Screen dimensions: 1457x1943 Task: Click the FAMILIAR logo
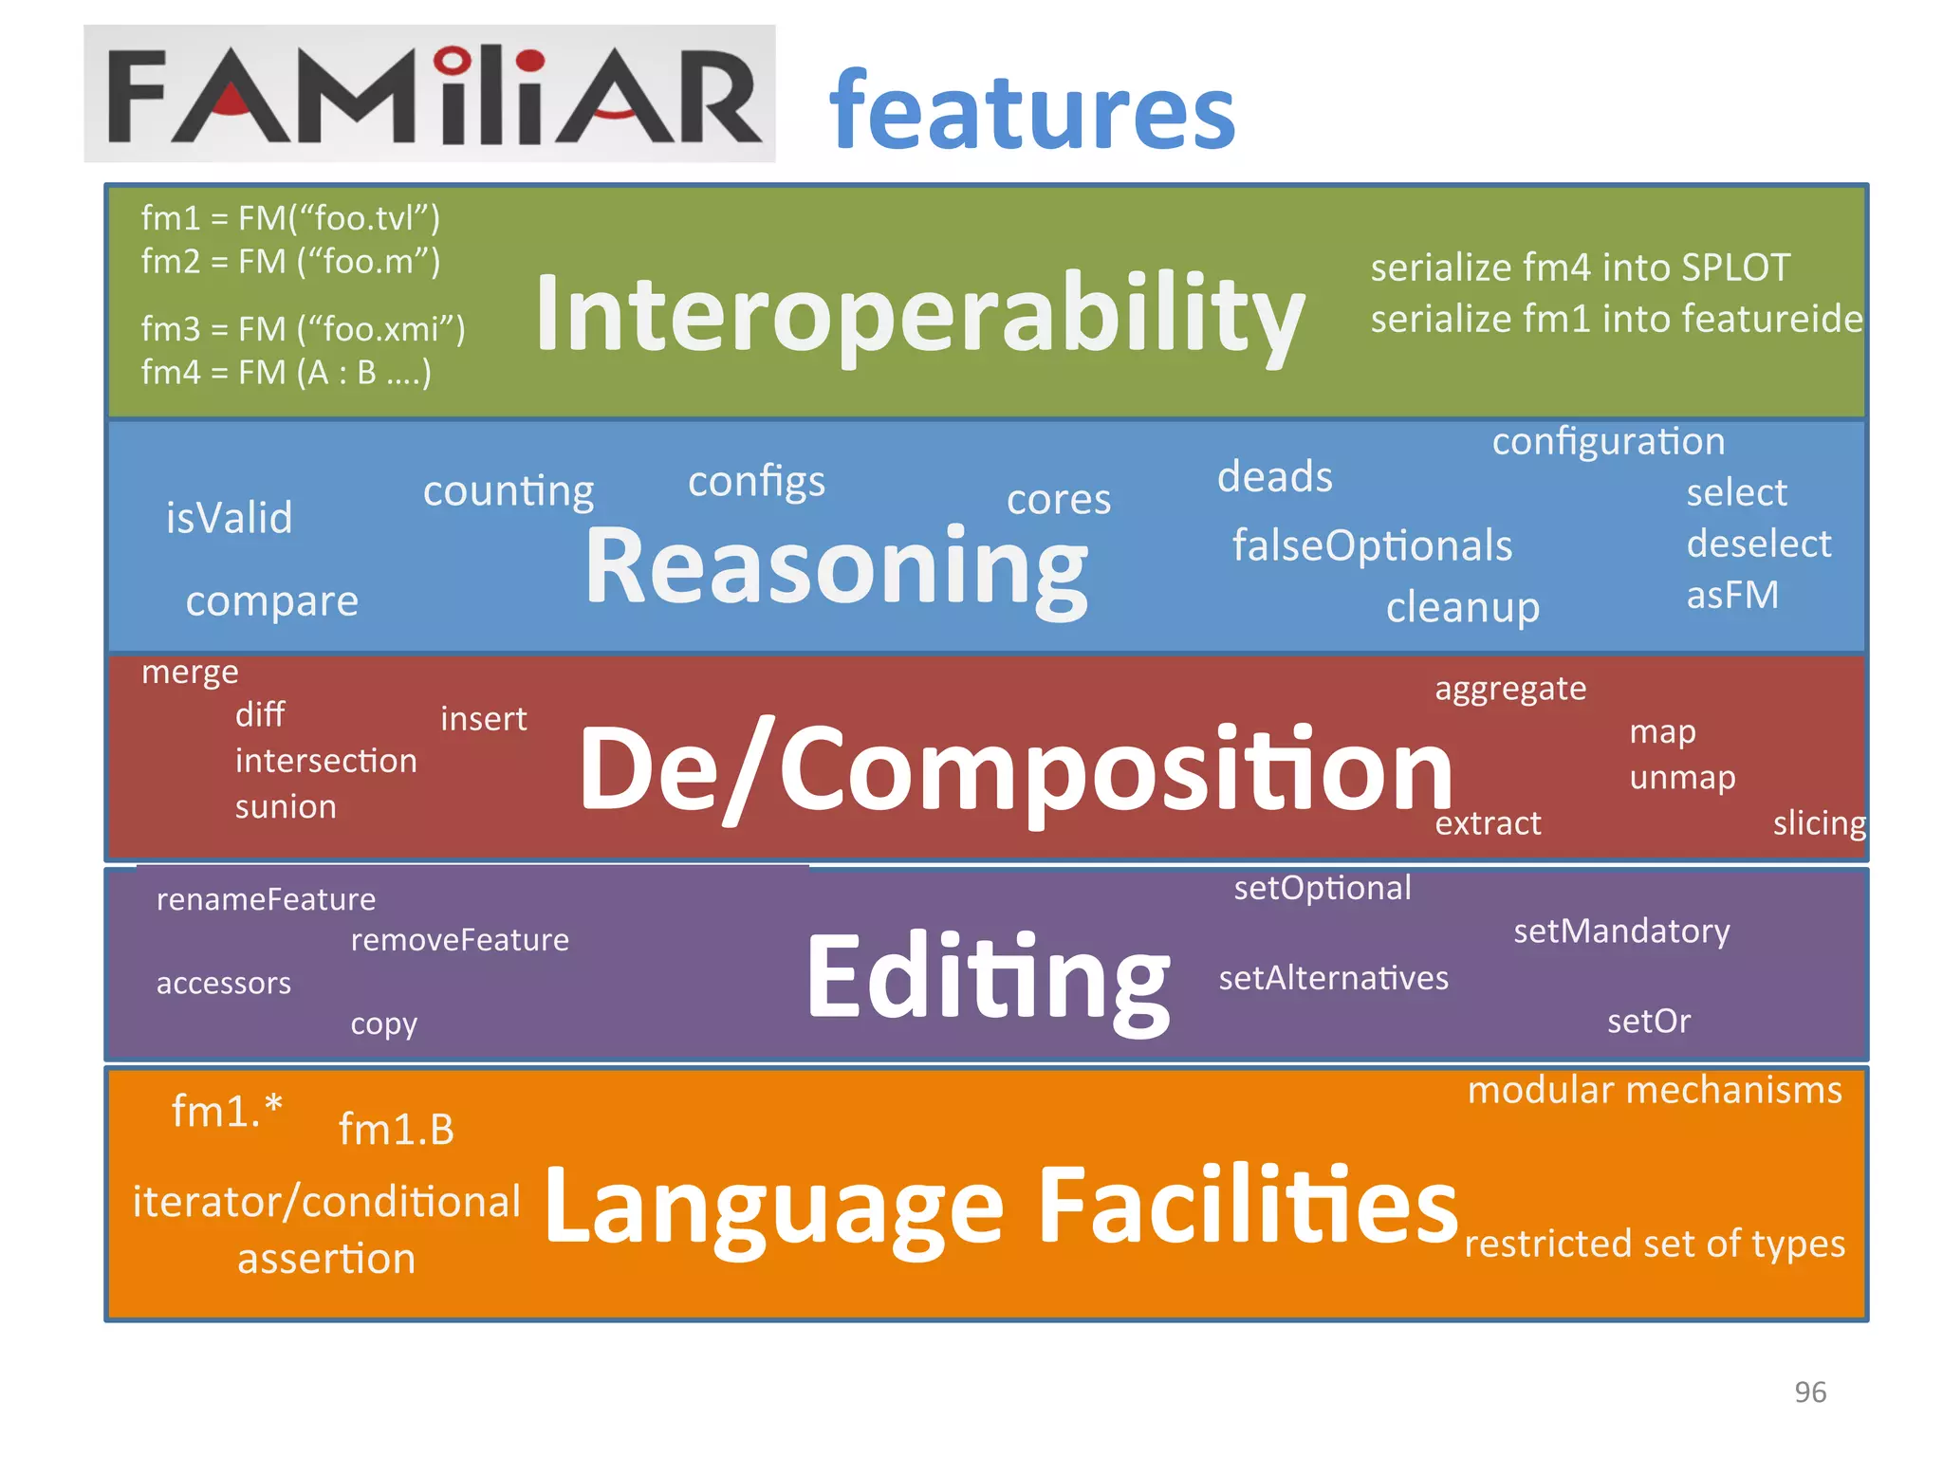(429, 94)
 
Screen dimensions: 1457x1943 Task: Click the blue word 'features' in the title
(1031, 112)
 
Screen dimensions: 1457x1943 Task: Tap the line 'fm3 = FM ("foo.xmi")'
(303, 329)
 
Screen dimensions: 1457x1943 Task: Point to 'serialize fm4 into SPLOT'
(1580, 267)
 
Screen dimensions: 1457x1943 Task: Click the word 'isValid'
(229, 518)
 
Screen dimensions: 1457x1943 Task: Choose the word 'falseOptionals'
(1372, 545)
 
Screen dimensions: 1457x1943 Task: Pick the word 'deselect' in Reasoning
(1758, 544)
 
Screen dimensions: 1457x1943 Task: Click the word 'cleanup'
(1462, 607)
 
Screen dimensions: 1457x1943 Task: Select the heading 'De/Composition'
(1015, 768)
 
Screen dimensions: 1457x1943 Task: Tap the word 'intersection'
(325, 761)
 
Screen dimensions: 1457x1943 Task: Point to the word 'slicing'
(1819, 822)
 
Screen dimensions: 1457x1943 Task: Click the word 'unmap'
(1682, 777)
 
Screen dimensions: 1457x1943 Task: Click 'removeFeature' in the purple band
(459, 940)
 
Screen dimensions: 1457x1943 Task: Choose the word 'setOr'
(1648, 1022)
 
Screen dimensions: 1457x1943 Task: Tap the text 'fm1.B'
(397, 1130)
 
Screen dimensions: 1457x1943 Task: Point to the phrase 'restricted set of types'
(1654, 1244)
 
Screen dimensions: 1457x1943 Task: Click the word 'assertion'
(325, 1259)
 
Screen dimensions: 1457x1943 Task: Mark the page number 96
(1809, 1392)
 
